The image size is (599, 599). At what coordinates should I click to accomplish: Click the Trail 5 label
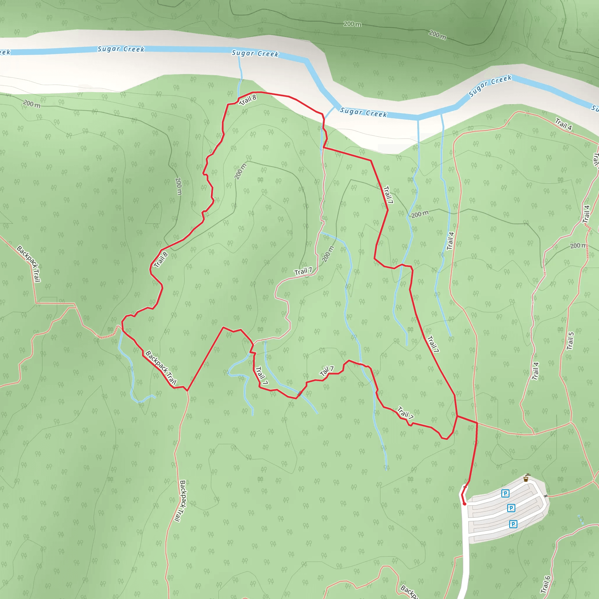tap(570, 341)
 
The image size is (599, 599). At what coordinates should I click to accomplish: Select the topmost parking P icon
tap(505, 493)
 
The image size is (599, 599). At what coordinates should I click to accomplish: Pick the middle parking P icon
tap(511, 508)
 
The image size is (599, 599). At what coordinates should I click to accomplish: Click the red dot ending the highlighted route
tap(464, 504)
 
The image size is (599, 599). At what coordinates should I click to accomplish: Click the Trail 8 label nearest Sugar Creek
tap(248, 100)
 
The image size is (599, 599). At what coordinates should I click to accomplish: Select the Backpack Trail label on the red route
tap(161, 368)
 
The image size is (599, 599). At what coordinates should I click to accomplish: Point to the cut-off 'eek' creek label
tap(5, 52)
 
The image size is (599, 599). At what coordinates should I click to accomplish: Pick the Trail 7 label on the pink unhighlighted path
tap(303, 272)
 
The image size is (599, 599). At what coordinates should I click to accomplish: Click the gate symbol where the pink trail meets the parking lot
tap(546, 496)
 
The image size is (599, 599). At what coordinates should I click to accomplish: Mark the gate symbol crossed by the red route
tap(465, 487)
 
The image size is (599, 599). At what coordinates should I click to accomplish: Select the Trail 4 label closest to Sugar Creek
tap(563, 124)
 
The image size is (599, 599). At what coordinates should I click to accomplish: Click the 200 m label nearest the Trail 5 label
tap(578, 246)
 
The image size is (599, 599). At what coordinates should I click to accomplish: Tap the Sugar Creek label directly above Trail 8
tap(255, 53)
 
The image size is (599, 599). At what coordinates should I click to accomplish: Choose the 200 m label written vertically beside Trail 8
tap(178, 186)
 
